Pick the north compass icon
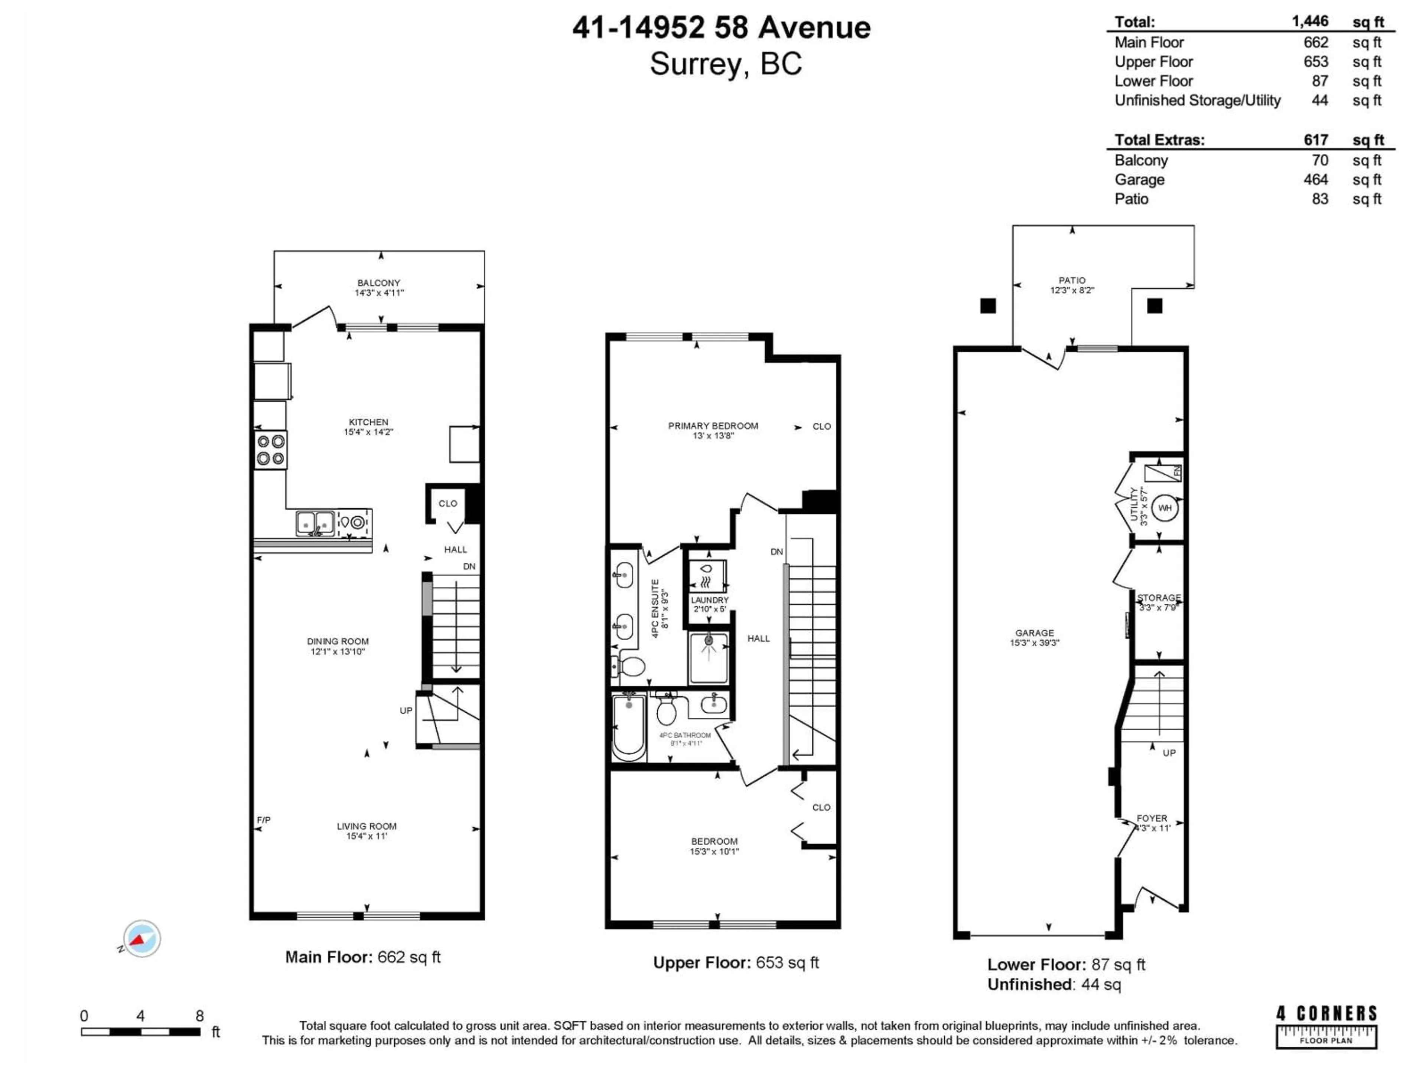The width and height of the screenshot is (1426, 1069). coord(142,938)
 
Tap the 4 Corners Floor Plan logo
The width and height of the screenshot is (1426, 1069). coord(1326,1026)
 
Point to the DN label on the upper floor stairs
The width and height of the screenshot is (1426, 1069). coord(777,552)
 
